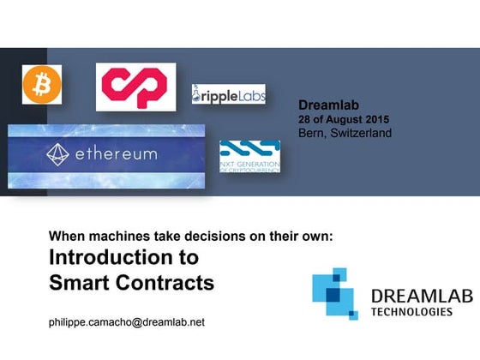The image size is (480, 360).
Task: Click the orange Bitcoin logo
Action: (x=37, y=84)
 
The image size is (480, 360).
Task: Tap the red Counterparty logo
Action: (x=135, y=86)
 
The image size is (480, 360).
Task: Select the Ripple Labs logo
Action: (x=229, y=94)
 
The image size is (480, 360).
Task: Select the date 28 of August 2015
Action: (x=344, y=120)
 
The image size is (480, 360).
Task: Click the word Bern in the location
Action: (x=312, y=134)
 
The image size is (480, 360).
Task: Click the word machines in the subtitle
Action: (x=117, y=235)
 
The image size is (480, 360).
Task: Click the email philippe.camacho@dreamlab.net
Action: (x=127, y=322)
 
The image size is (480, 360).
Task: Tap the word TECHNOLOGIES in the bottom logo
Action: (x=411, y=312)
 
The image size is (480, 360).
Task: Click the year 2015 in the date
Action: (x=376, y=120)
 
